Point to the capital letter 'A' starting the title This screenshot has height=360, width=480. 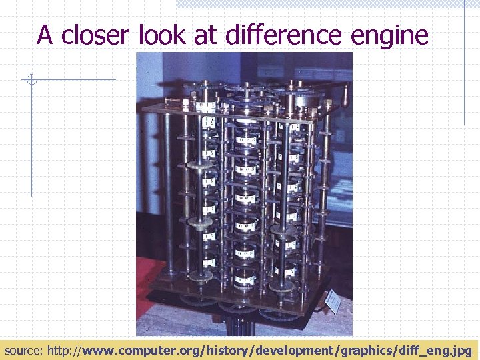45,35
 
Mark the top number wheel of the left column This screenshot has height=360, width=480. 206,107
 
